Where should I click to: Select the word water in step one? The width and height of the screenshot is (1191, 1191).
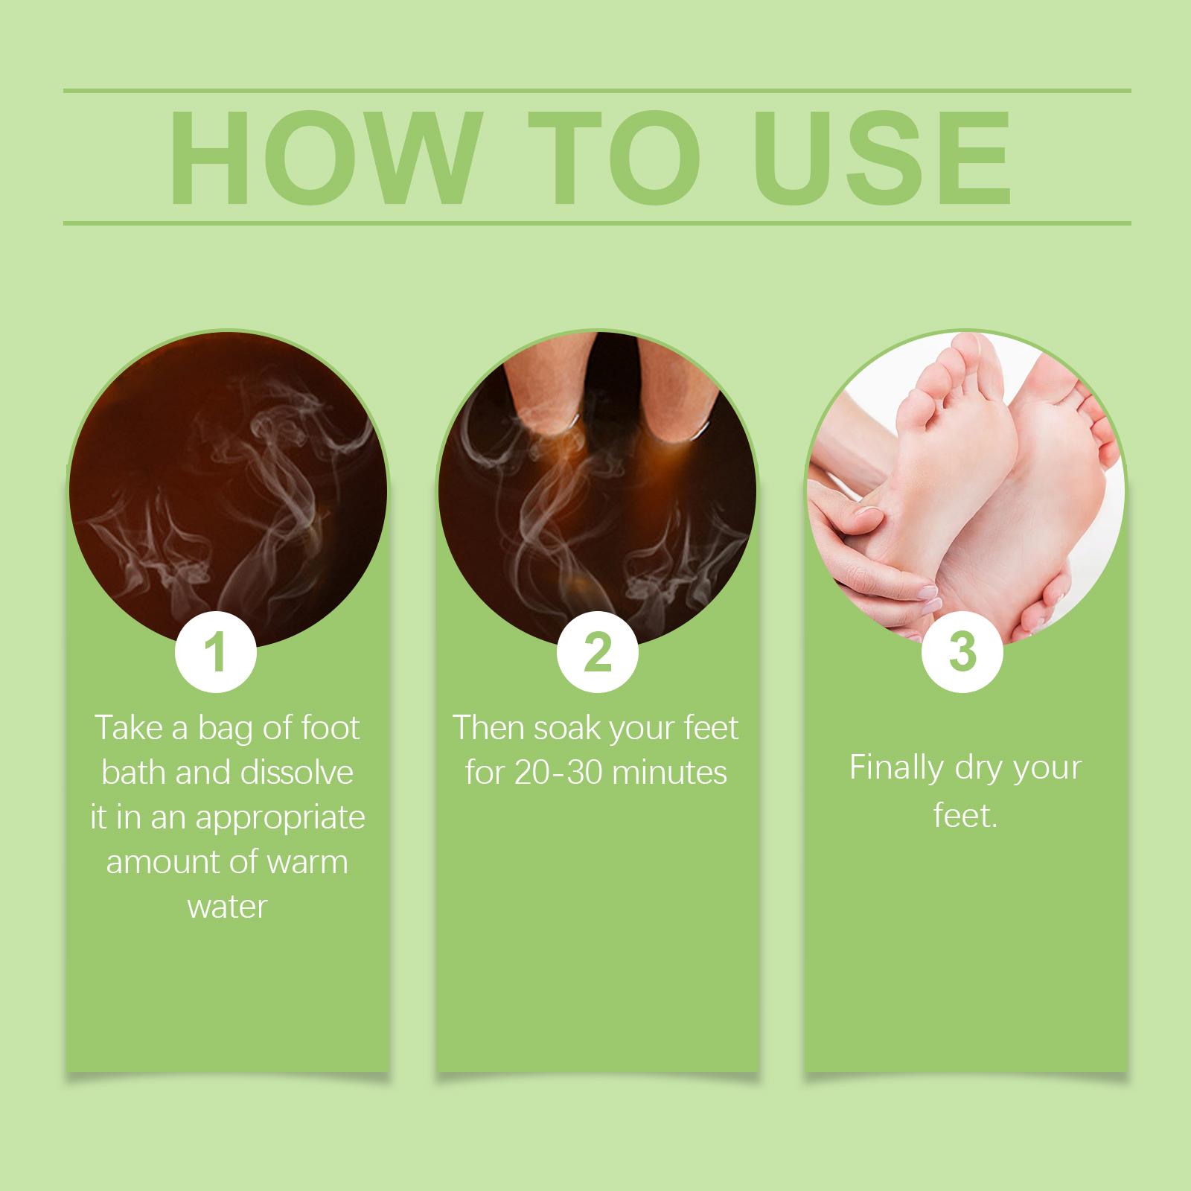pos(228,907)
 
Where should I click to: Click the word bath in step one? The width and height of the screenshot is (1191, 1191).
pos(134,773)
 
